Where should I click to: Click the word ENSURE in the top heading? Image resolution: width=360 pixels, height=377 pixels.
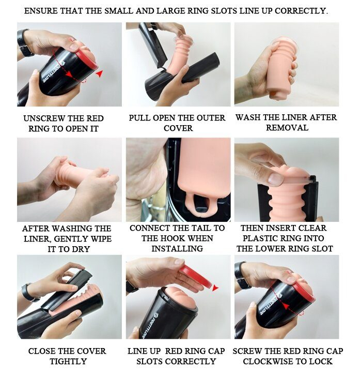click(x=41, y=11)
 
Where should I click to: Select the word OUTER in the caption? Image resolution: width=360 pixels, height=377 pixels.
click(x=211, y=118)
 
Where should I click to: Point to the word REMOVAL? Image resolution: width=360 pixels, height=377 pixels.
click(x=287, y=128)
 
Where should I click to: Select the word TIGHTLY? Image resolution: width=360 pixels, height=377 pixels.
click(x=68, y=361)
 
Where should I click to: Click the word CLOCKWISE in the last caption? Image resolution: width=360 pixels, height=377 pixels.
click(x=270, y=361)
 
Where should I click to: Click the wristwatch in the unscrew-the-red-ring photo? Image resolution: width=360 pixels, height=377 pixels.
click(x=24, y=42)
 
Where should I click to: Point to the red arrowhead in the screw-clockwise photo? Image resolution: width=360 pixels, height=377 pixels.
click(x=285, y=306)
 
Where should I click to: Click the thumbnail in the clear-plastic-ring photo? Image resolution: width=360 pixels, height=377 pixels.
click(x=275, y=178)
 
